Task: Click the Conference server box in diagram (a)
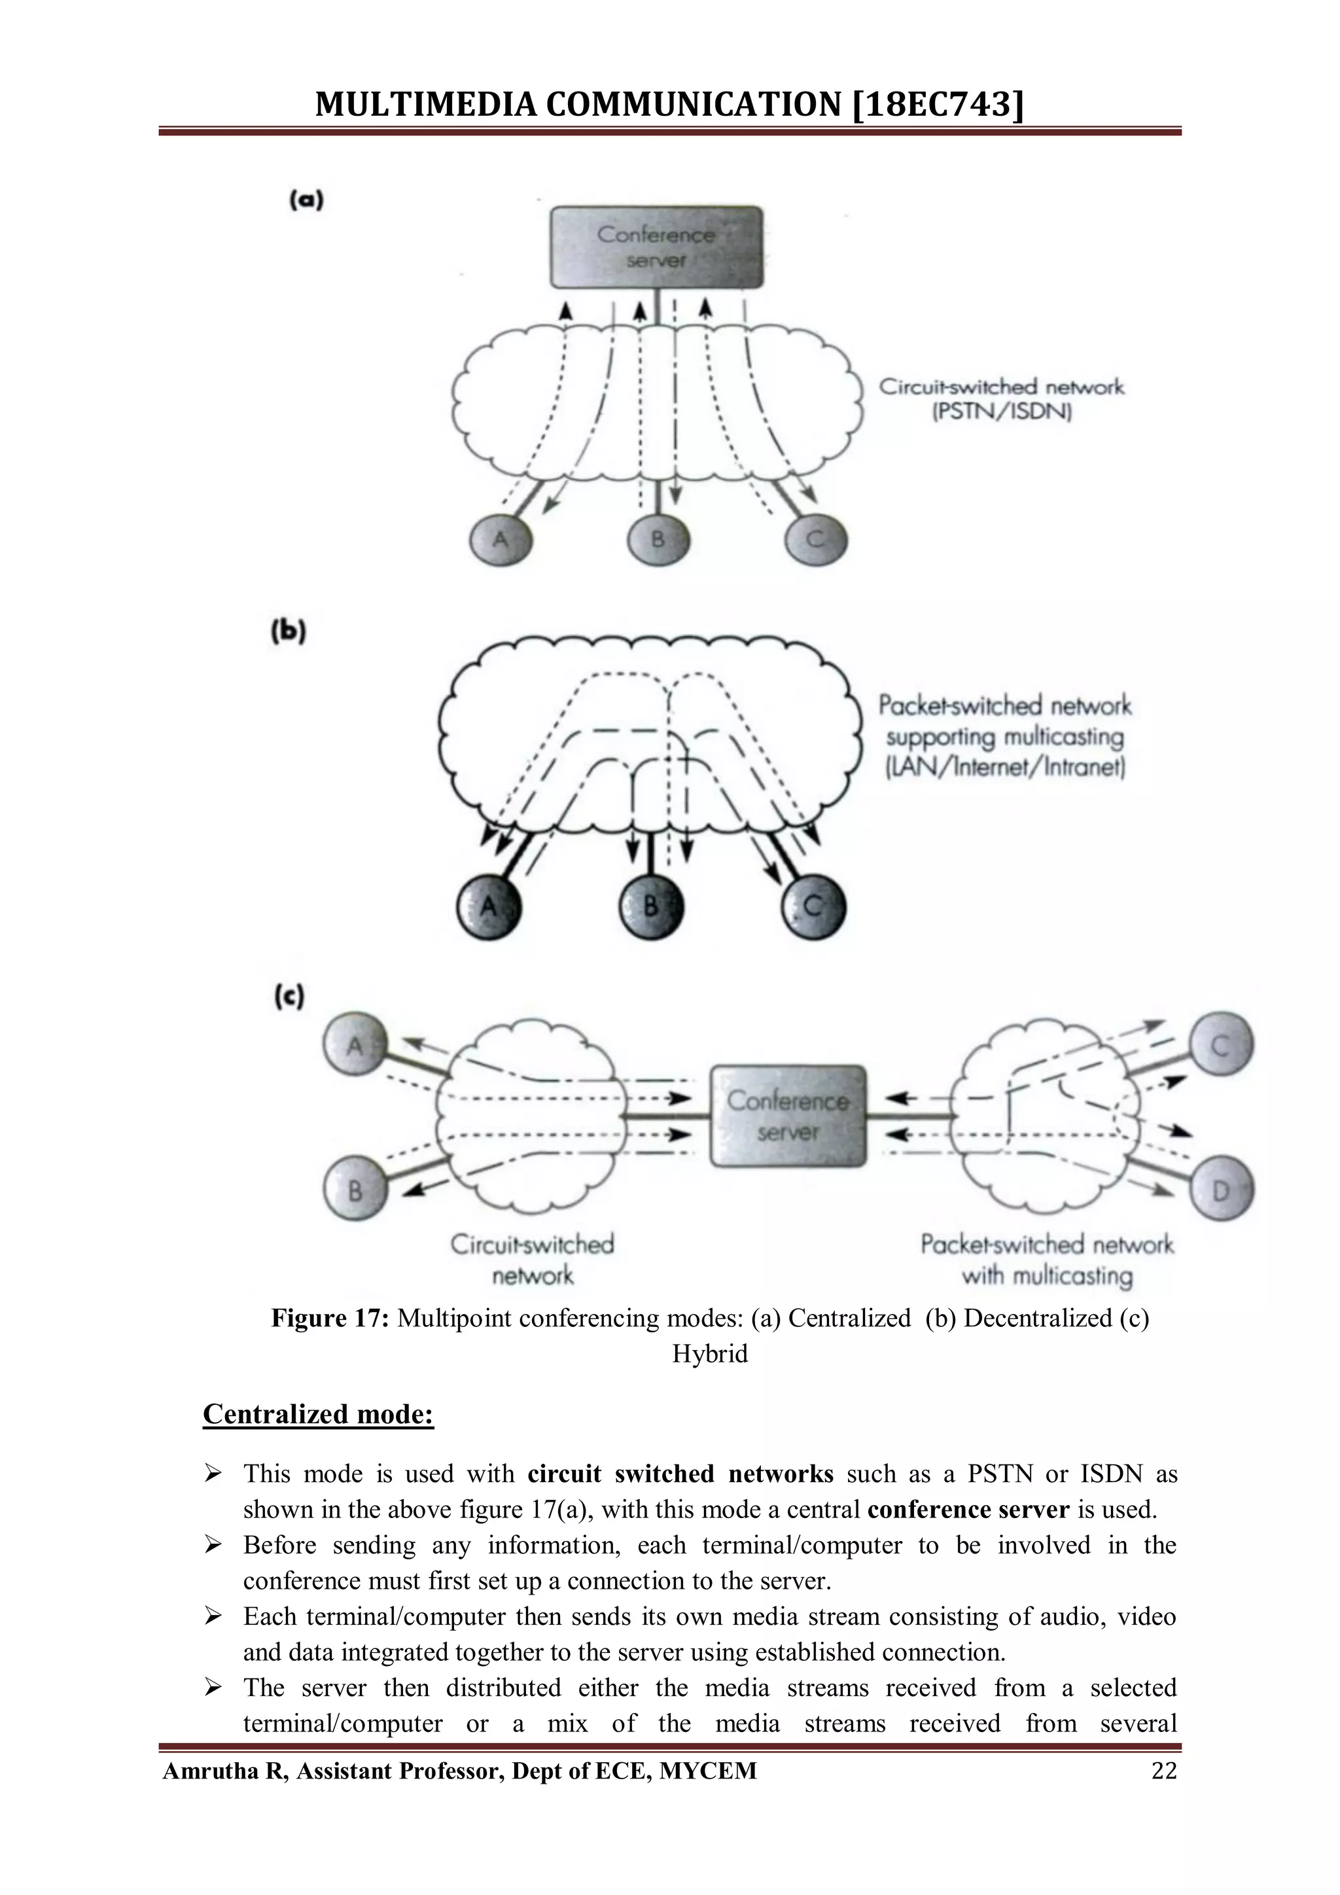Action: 657,247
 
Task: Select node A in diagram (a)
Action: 500,540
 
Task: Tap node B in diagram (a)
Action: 658,540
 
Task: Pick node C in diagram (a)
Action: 815,540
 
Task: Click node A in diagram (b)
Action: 489,906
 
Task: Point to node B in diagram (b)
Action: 651,906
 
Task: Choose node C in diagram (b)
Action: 813,906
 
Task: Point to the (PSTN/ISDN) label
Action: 1002,411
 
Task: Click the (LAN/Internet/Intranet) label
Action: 1005,768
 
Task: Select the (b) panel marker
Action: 289,631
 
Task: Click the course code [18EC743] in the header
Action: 936,105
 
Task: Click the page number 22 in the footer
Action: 1163,1771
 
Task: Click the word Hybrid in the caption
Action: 710,1354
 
